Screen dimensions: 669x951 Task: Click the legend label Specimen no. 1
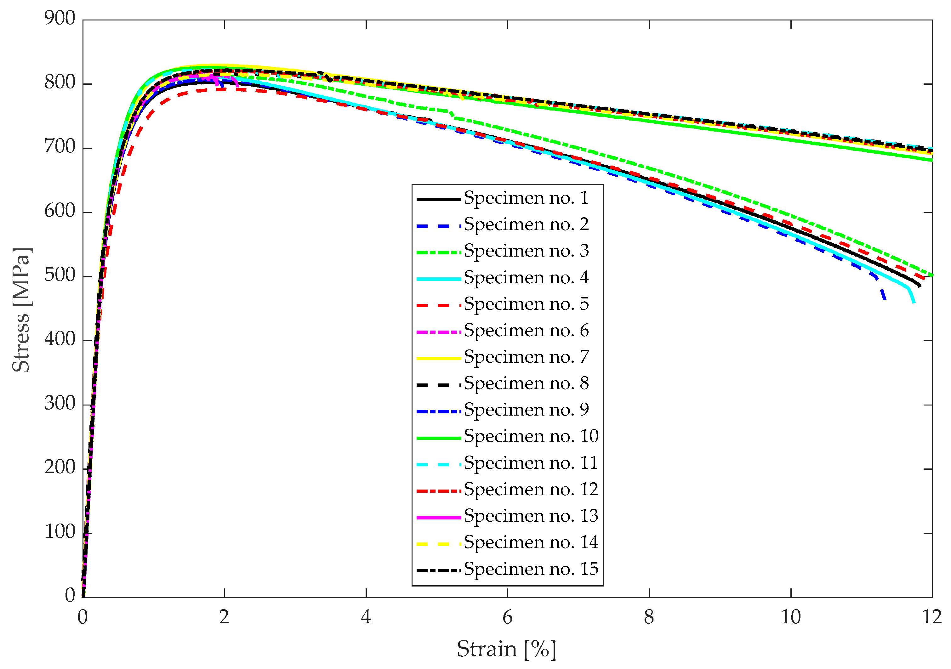tap(526, 198)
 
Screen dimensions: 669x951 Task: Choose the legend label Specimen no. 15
tap(531, 570)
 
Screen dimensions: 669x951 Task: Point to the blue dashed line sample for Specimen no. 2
tap(438, 226)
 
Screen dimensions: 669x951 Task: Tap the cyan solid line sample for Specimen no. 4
tap(438, 279)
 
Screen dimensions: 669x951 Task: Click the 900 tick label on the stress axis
tap(60, 19)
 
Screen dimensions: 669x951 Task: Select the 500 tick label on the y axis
tap(60, 275)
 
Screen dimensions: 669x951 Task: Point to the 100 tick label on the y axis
tap(60, 532)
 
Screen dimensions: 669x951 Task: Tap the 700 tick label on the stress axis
tap(60, 147)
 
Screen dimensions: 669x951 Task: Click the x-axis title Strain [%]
tap(506, 649)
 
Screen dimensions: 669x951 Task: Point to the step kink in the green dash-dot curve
tap(452, 115)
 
